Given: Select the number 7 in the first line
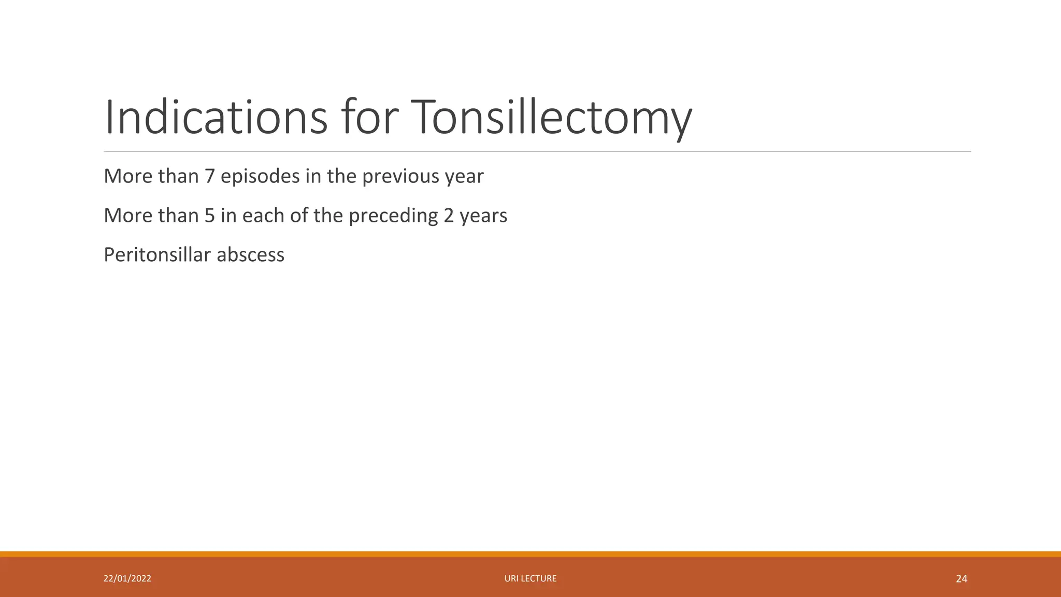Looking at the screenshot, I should [209, 177].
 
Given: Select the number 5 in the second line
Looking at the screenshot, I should [209, 216].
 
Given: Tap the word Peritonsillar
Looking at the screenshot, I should [157, 255].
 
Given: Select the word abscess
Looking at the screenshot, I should [250, 255].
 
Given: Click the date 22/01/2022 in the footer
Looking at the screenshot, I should [127, 578].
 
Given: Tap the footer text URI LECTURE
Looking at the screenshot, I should [530, 578].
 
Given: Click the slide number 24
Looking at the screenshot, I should [962, 579].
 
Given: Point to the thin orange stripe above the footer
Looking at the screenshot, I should [530, 554].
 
